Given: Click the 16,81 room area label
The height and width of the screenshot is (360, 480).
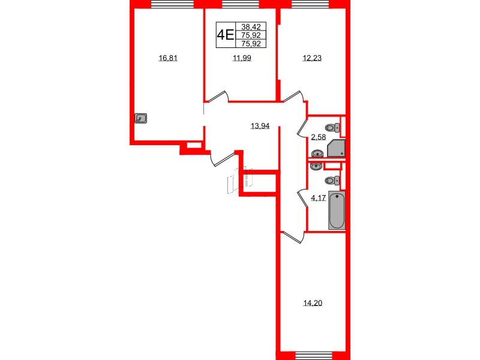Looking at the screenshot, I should point(169,58).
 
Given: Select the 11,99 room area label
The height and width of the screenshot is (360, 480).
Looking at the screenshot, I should point(241,58).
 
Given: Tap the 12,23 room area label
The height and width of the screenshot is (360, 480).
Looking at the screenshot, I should point(311,58).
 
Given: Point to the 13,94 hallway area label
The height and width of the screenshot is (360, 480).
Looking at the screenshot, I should point(260,125).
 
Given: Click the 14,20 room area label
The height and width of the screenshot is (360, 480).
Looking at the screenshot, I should point(311,302).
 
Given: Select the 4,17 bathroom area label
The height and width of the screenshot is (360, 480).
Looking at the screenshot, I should point(318,198).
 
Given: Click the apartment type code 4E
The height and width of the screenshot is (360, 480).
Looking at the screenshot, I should point(226,35).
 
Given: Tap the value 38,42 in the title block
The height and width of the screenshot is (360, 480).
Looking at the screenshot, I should point(251,27).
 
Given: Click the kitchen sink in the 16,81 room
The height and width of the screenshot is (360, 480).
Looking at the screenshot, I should point(142,119).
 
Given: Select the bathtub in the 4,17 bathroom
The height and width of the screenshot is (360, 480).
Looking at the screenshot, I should point(337,211).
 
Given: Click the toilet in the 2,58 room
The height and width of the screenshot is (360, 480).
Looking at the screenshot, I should point(332,127).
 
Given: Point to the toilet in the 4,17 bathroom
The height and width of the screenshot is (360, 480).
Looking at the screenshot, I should point(331,180).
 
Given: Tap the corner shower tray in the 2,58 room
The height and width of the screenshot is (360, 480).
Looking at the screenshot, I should point(337,149).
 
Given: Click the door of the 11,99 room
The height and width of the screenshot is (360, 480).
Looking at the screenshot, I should point(219,96).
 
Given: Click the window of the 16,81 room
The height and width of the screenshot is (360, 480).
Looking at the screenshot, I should point(169,5).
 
